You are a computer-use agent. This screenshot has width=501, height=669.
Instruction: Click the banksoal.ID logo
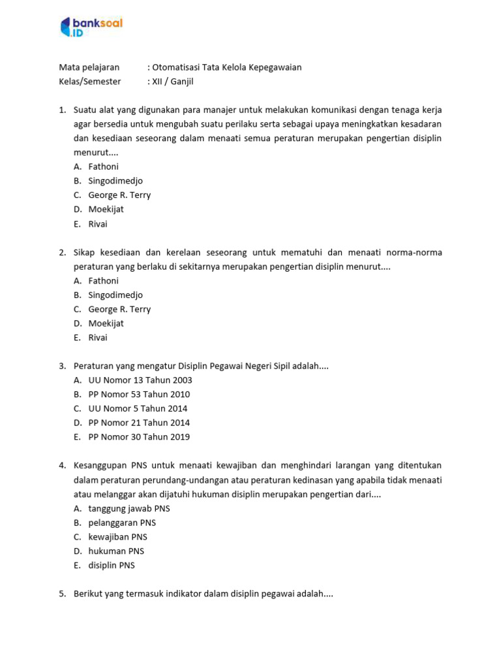tap(91, 27)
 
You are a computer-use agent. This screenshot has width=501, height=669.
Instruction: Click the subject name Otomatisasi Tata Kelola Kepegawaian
tap(227, 67)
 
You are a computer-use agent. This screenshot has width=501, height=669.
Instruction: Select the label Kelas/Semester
tap(90, 82)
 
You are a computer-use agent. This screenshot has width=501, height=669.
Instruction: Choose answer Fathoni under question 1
tap(104, 167)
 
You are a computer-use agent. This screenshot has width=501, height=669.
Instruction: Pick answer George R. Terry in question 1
tap(119, 195)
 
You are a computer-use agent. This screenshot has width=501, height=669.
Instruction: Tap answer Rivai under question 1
tap(98, 224)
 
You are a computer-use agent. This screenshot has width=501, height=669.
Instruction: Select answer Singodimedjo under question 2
tap(115, 295)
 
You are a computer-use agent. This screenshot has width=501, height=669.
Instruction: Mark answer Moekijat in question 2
tap(106, 323)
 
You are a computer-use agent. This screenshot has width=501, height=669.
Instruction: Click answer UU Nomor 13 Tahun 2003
tap(140, 380)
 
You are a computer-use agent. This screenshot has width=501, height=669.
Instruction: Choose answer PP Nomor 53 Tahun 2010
tap(139, 395)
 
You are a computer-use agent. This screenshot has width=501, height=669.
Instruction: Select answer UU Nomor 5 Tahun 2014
tap(138, 409)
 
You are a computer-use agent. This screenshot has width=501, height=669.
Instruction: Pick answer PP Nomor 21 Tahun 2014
tap(139, 423)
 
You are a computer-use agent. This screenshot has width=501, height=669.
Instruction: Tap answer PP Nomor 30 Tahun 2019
tap(139, 437)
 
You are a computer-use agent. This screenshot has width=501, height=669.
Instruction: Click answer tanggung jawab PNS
tap(129, 508)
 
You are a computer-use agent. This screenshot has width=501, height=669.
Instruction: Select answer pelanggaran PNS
tap(122, 523)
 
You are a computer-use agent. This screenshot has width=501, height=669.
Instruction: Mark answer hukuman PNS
tap(116, 551)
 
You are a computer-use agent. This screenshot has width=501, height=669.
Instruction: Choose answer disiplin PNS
tap(112, 566)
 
